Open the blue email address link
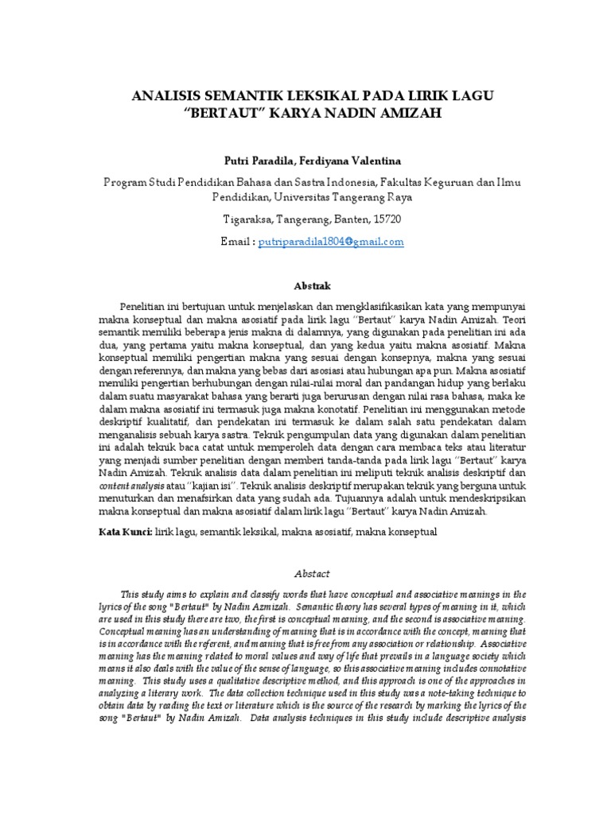point(331,241)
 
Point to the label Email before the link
point(236,241)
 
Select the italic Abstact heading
point(305,573)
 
